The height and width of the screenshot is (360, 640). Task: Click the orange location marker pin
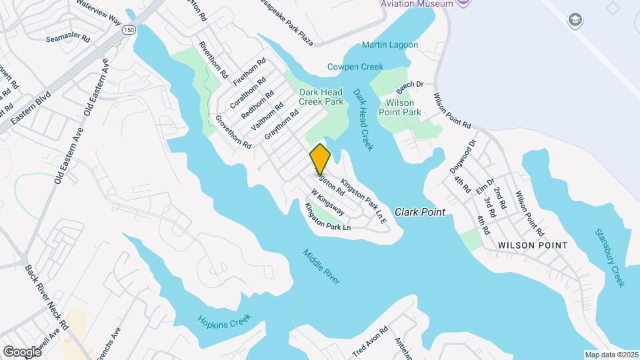coord(320,159)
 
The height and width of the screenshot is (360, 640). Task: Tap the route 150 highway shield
coord(129,30)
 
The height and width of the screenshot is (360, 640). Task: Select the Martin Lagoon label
coord(390,45)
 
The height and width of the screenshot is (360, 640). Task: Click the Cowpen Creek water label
coord(355,67)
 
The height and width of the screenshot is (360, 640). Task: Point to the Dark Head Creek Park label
coord(321,97)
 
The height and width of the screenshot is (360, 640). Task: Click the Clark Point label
coord(419,212)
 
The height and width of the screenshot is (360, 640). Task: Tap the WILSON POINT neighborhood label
coord(533,245)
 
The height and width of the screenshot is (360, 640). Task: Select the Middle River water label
coord(321,267)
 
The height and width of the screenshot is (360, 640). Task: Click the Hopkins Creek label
coord(223,320)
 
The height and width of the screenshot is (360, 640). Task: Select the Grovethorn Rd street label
coord(233,131)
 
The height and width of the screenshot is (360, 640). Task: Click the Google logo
coord(21,351)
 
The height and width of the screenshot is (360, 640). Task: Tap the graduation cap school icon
coord(574,21)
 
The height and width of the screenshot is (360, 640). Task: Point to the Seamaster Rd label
coord(68,39)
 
